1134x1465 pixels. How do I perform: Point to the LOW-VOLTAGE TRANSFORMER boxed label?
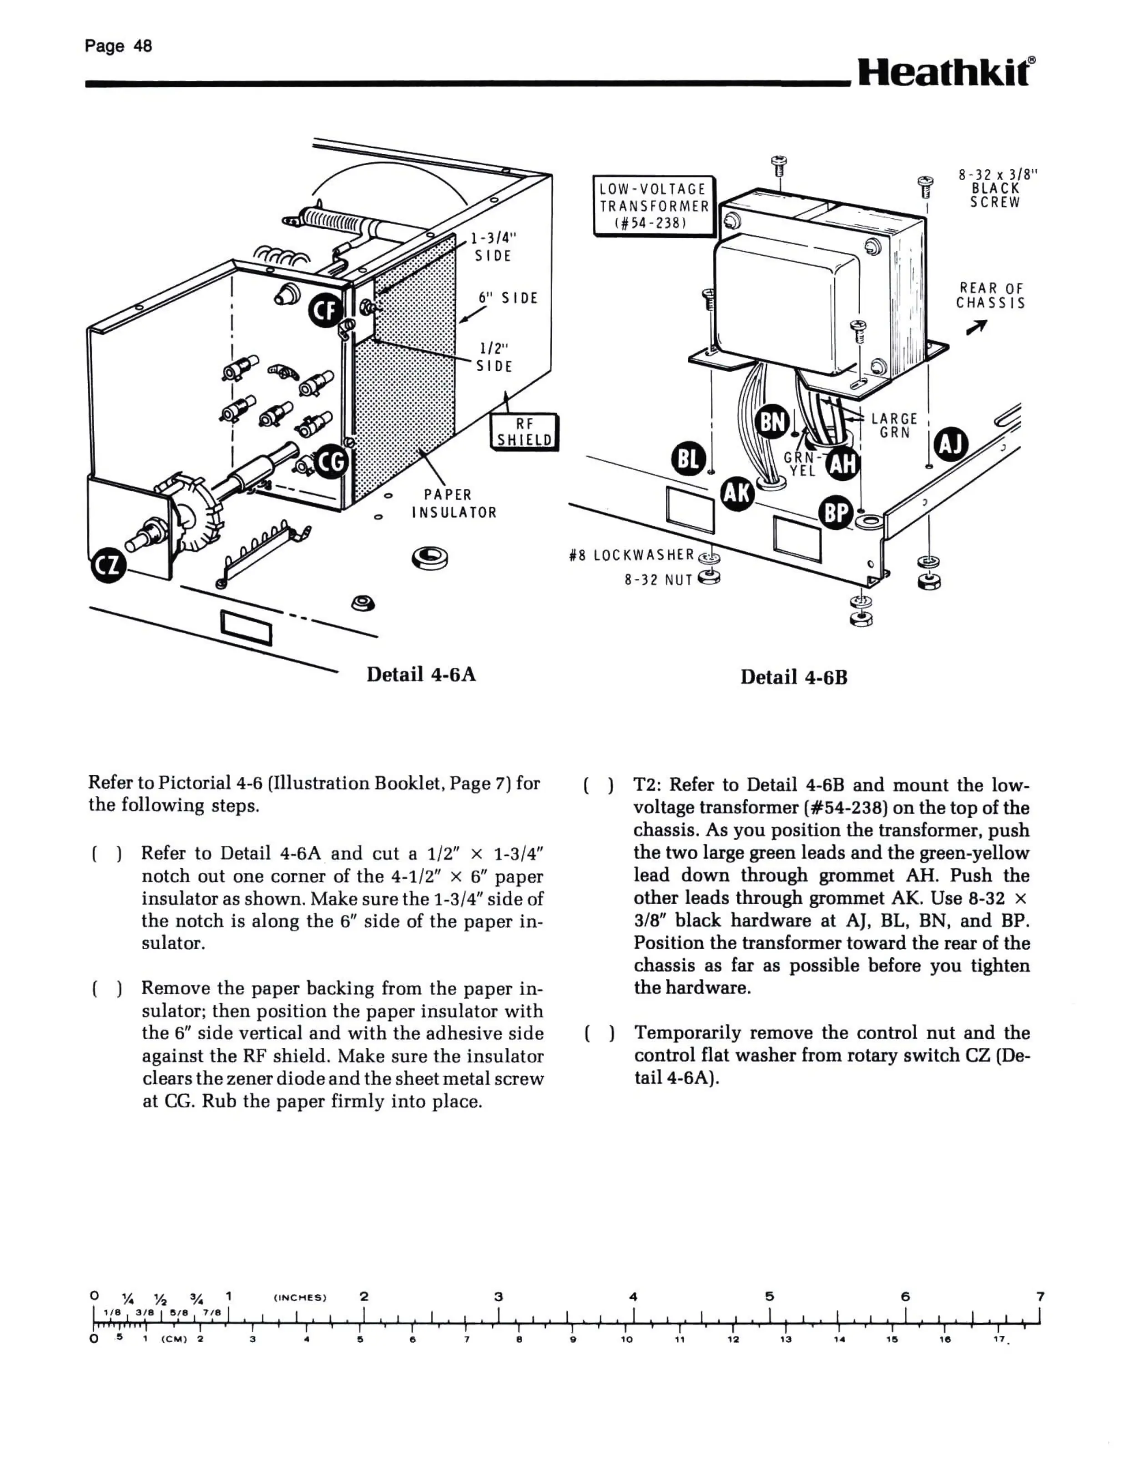tap(654, 205)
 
